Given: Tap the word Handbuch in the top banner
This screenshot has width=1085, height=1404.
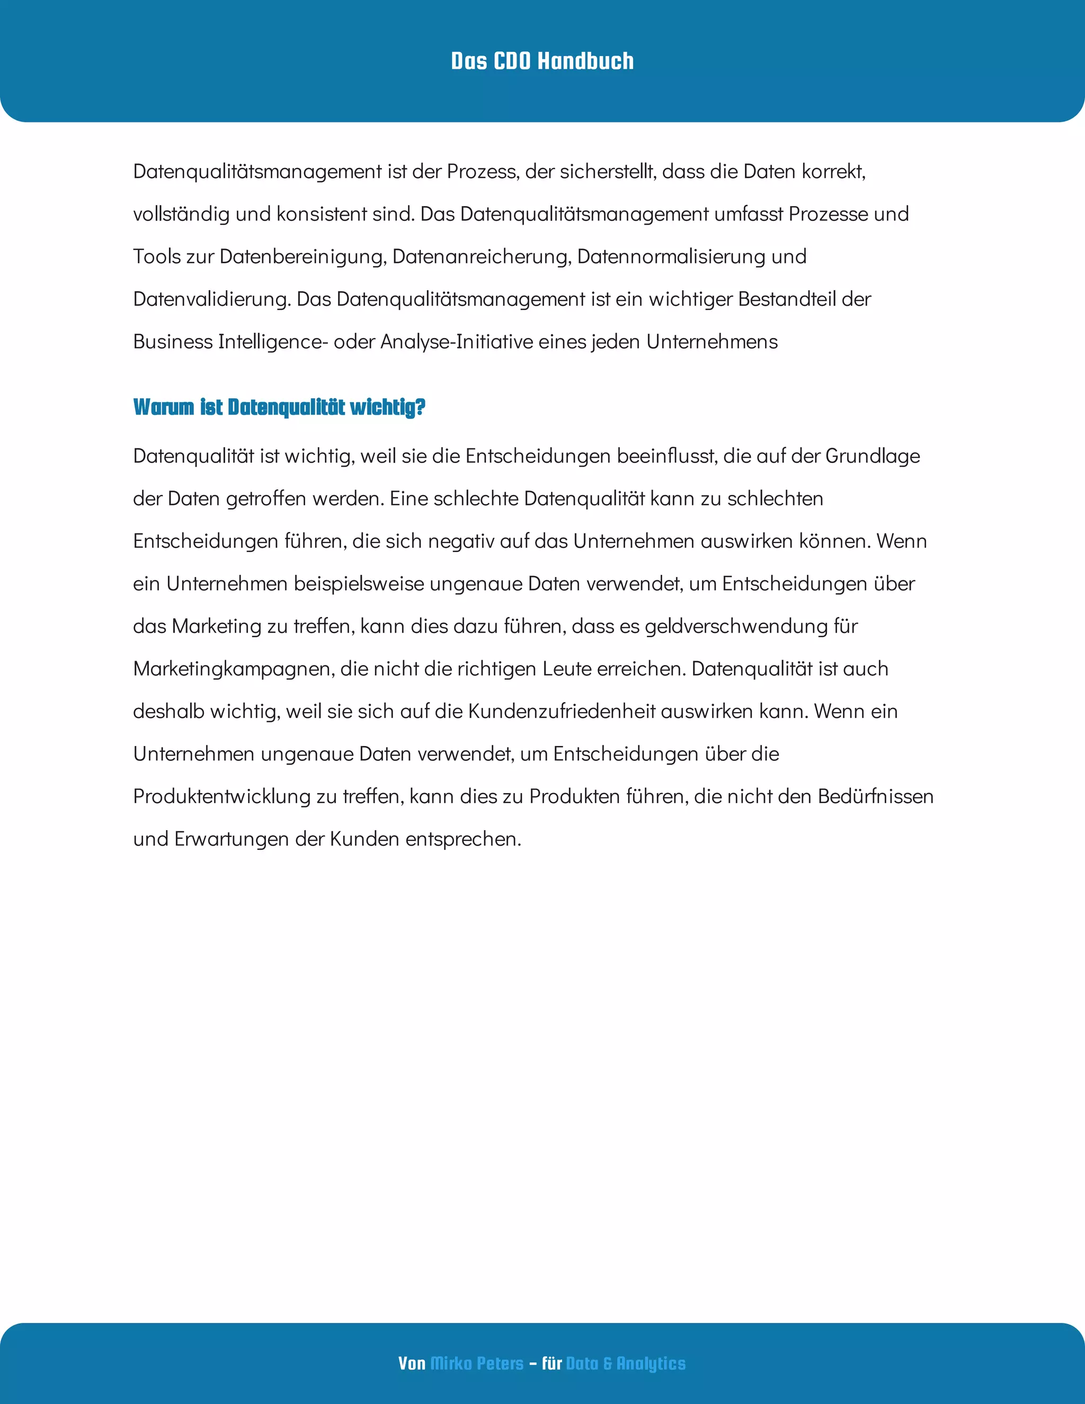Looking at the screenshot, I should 585,61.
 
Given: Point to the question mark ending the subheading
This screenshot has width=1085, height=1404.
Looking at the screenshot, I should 420,407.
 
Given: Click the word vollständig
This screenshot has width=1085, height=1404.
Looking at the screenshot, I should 181,214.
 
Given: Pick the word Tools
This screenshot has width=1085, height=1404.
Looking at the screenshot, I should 157,256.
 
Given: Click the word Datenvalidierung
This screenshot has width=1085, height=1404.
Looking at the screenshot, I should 211,299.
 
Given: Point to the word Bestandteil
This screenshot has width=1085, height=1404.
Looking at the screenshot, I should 787,299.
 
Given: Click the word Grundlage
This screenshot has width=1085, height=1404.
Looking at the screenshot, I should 872,456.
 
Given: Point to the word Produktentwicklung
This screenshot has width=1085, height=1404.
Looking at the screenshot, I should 222,796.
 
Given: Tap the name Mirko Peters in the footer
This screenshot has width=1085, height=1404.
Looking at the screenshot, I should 476,1364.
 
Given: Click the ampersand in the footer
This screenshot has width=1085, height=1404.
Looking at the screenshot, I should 608,1364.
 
